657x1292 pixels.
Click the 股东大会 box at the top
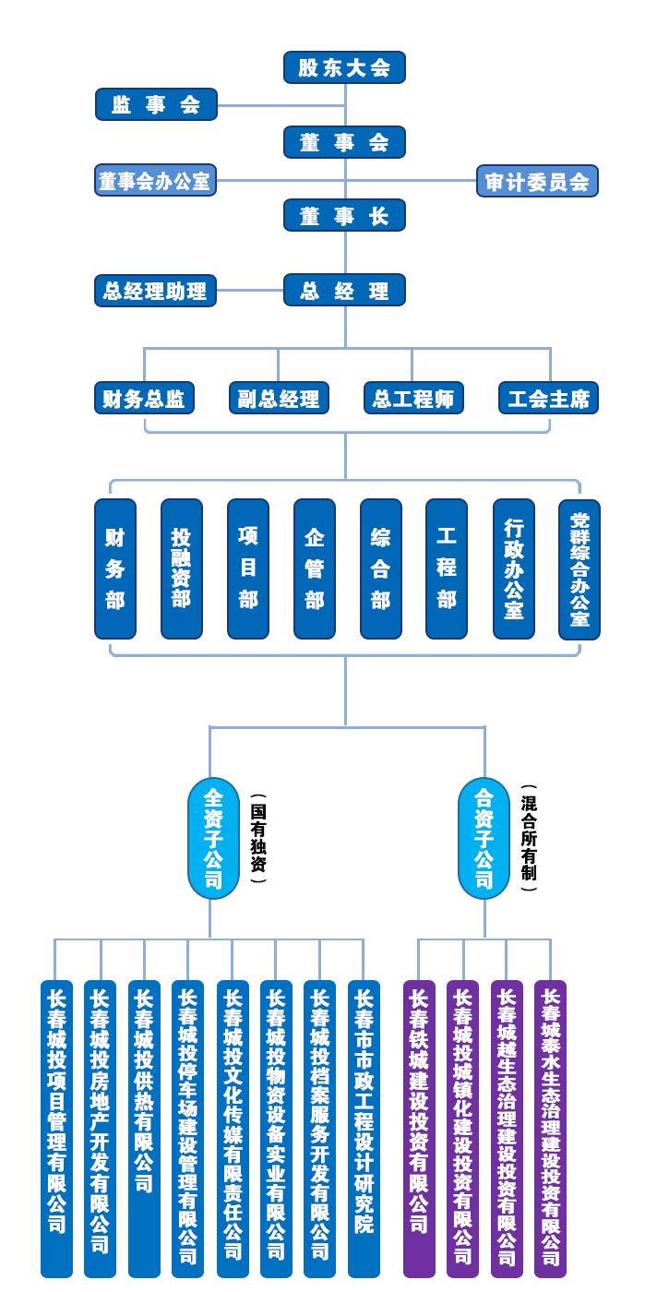tap(344, 67)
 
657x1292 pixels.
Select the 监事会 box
tap(156, 104)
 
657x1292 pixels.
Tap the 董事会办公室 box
tap(156, 181)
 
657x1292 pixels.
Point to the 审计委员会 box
tap(537, 181)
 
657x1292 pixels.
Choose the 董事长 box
tap(344, 216)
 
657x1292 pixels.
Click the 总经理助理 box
tap(156, 291)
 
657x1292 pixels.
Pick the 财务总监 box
tap(144, 399)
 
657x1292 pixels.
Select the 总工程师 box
tap(413, 399)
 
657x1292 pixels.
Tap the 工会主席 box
tap(548, 399)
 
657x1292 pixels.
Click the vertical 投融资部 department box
tap(181, 568)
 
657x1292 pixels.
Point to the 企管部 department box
tap(314, 568)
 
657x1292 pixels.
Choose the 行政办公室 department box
tap(513, 568)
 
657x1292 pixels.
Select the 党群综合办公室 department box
tap(579, 568)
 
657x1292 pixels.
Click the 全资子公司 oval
tap(213, 838)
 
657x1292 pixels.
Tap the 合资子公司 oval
tap(484, 838)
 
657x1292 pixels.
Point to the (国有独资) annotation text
tap(258, 838)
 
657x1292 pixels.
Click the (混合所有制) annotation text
tap(529, 838)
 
